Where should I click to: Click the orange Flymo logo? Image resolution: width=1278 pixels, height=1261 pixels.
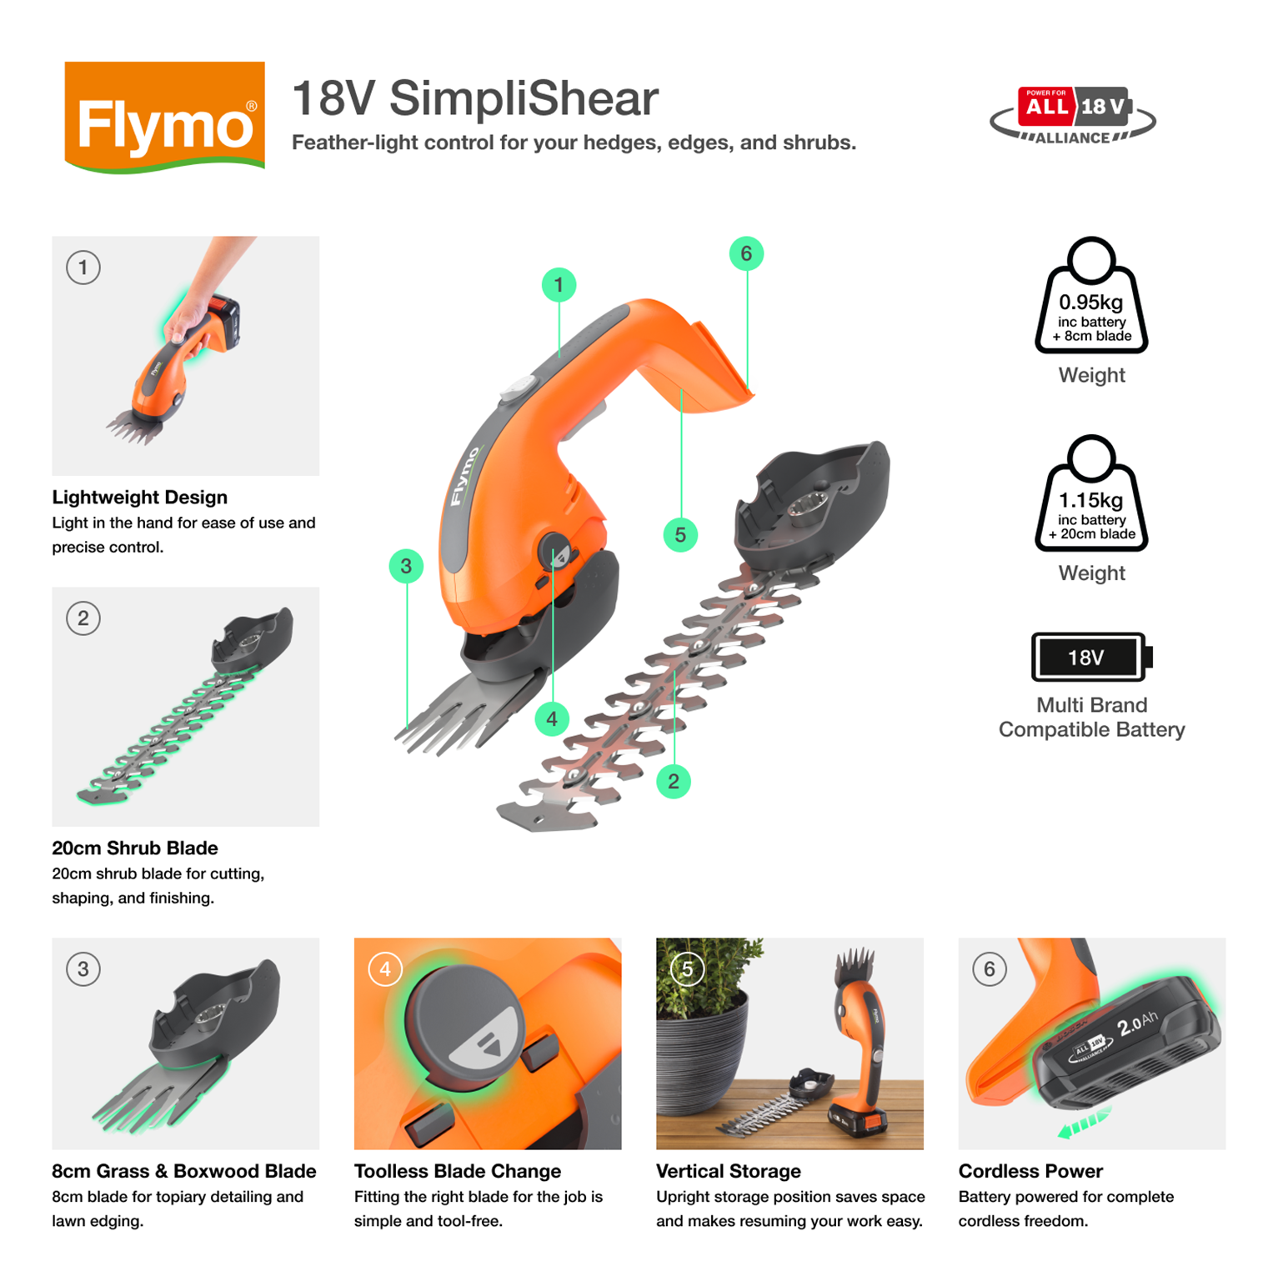[165, 117]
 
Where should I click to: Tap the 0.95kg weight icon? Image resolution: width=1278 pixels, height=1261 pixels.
[1091, 296]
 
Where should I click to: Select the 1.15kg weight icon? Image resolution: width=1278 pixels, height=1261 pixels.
[1091, 493]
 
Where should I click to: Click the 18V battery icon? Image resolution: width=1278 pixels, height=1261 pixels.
[1092, 657]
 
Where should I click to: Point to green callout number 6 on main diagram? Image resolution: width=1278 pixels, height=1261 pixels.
[746, 253]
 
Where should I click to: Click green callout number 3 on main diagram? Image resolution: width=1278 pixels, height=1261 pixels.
[406, 567]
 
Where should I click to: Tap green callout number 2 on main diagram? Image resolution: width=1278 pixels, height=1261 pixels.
[674, 782]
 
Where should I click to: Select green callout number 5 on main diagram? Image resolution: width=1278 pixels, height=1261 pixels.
[680, 535]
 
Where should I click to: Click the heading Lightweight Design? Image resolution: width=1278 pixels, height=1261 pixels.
[139, 498]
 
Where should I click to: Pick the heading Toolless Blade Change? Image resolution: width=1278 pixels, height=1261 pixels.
[458, 1171]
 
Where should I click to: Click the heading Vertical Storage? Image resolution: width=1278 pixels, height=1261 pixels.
[729, 1171]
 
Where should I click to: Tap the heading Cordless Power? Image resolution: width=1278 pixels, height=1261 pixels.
[1030, 1171]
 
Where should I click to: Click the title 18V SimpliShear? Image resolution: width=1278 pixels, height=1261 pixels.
[475, 98]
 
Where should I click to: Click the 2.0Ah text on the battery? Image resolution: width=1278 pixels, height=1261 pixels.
[1137, 1023]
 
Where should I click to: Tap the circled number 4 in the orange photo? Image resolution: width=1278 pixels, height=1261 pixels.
[385, 969]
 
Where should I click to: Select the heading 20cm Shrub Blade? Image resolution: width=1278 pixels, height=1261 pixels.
[135, 848]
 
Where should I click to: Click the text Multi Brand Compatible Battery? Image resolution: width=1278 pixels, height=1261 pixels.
[1092, 718]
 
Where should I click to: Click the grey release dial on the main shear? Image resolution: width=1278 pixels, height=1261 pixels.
[556, 551]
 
